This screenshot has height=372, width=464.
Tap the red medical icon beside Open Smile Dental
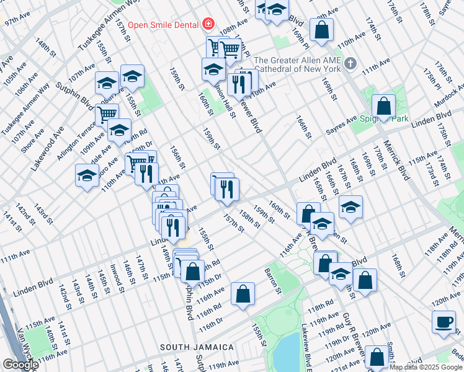pos(208,25)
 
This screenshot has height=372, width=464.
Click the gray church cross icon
pos(350,63)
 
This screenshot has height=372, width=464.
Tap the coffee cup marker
pos(444,322)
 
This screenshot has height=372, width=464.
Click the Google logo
pos(20,365)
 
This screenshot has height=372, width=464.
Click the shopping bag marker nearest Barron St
pos(243,294)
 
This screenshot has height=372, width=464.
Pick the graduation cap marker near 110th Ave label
pos(87,175)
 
